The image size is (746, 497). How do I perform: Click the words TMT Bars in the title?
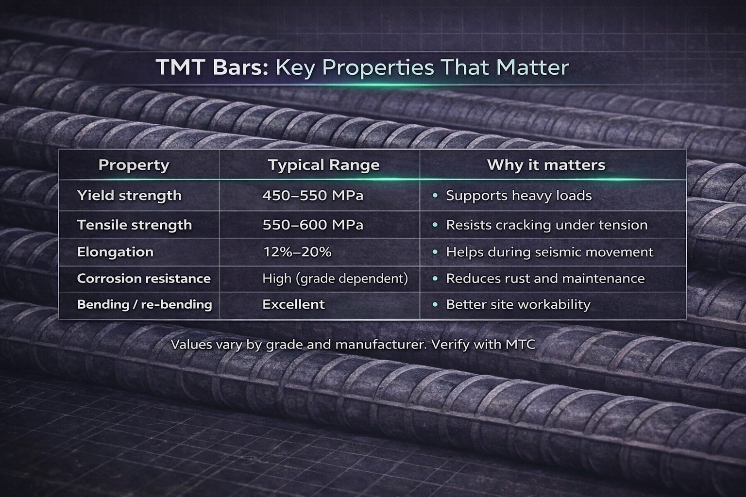pyautogui.click(x=212, y=67)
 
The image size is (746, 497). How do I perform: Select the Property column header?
pyautogui.click(x=134, y=165)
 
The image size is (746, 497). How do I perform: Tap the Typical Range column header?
pyautogui.click(x=324, y=165)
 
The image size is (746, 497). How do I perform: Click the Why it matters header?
pyautogui.click(x=546, y=165)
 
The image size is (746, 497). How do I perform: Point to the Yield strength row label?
pyautogui.click(x=129, y=196)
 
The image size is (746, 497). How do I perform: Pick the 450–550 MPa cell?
pyautogui.click(x=313, y=196)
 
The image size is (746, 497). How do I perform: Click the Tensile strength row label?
pyautogui.click(x=135, y=225)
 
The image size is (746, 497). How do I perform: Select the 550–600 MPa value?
pyautogui.click(x=313, y=225)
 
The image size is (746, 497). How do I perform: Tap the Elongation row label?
pyautogui.click(x=115, y=252)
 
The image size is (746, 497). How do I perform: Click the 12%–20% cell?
pyautogui.click(x=297, y=252)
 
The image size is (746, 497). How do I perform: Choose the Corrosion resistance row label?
pyautogui.click(x=144, y=278)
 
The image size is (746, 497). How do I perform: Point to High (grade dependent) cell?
pyautogui.click(x=335, y=279)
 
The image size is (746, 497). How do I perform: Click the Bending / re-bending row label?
pyautogui.click(x=145, y=305)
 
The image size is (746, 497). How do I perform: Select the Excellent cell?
pyautogui.click(x=293, y=304)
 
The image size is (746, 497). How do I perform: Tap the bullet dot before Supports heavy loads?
pyautogui.click(x=435, y=196)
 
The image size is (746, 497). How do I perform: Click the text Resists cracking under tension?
pyautogui.click(x=547, y=225)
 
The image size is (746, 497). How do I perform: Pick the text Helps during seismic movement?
pyautogui.click(x=549, y=252)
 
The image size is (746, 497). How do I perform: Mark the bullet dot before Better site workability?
pyautogui.click(x=435, y=304)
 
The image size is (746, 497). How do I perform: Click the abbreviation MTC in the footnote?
pyautogui.click(x=520, y=345)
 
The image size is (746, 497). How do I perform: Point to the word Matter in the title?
pyautogui.click(x=532, y=67)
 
